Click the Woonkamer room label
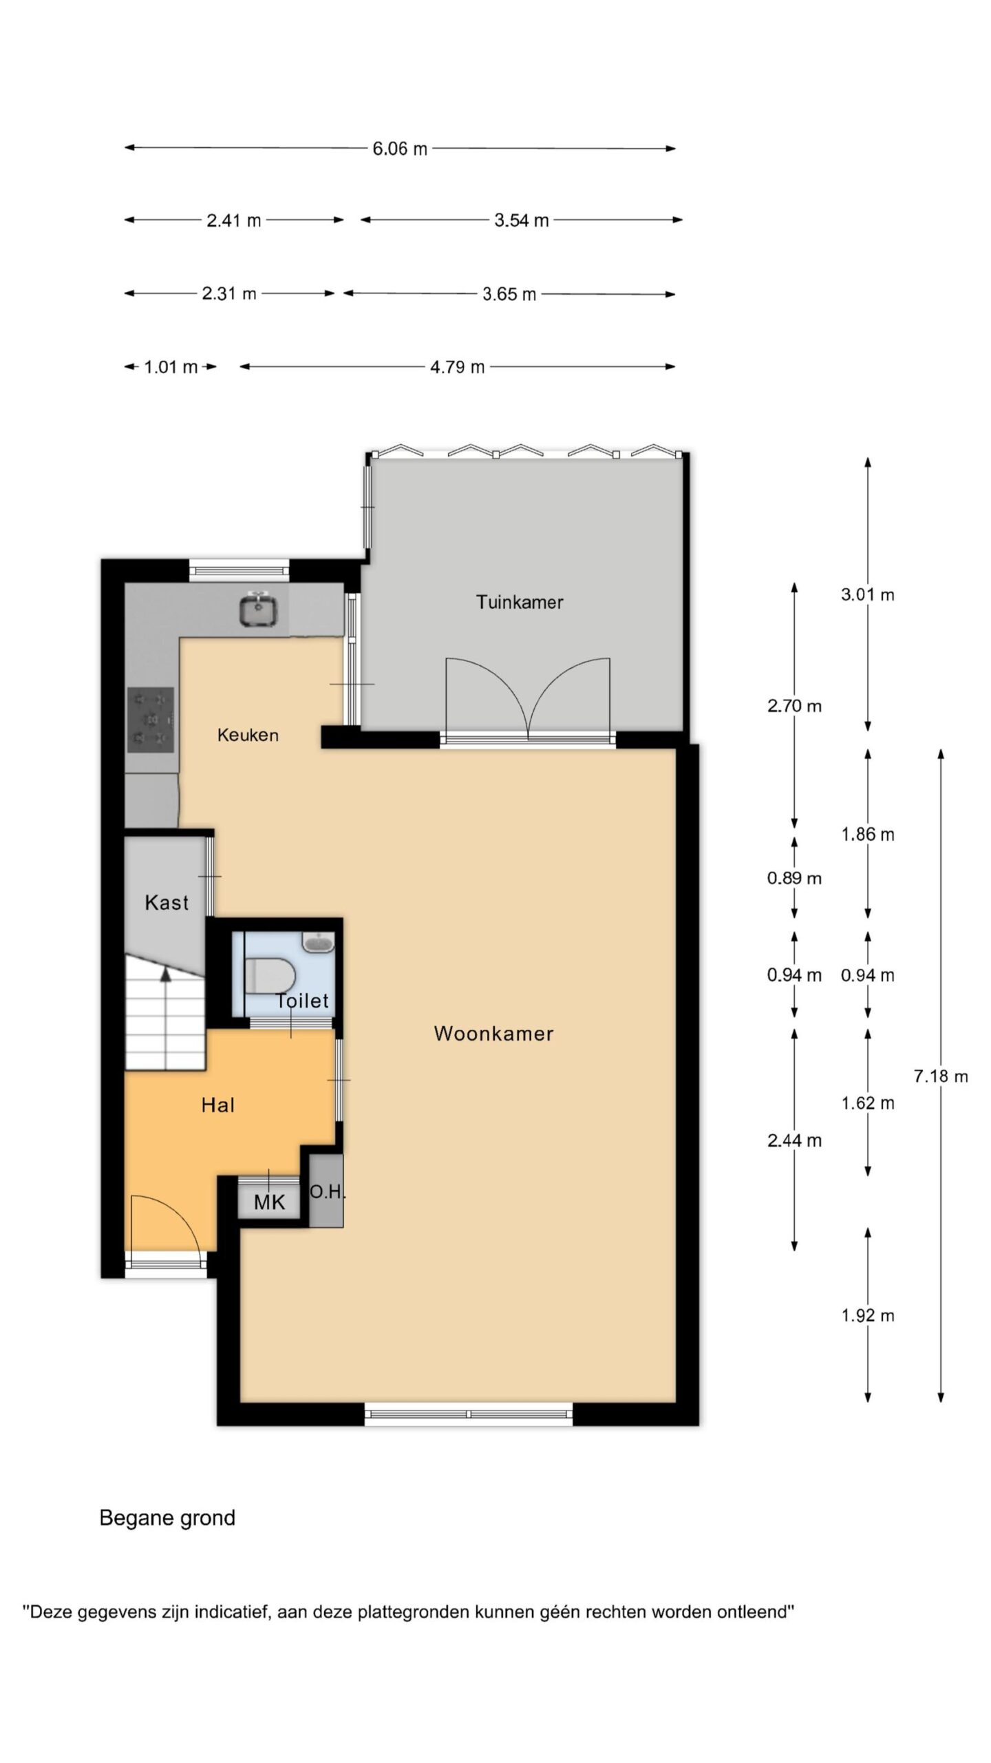pyautogui.click(x=493, y=1033)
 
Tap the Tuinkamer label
pyautogui.click(x=520, y=602)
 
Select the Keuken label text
pyautogui.click(x=248, y=735)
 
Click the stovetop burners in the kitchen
pyautogui.click(x=151, y=720)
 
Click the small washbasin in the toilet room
pyautogui.click(x=318, y=942)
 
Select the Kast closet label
pyautogui.click(x=167, y=902)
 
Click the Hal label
pyautogui.click(x=217, y=1105)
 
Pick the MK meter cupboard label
pyautogui.click(x=269, y=1202)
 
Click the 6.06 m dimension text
pyautogui.click(x=400, y=149)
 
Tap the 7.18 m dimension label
pyautogui.click(x=941, y=1076)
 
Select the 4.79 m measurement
pyautogui.click(x=458, y=367)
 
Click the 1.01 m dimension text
pyautogui.click(x=171, y=367)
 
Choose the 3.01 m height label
pyautogui.click(x=867, y=594)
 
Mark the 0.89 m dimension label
pyautogui.click(x=794, y=878)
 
